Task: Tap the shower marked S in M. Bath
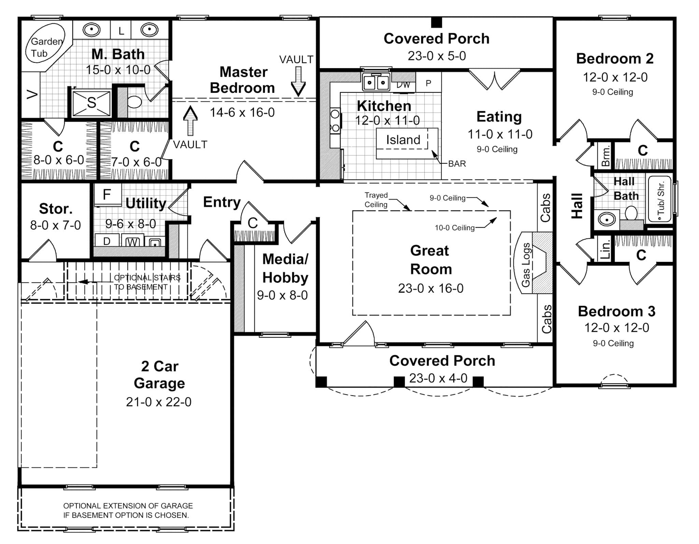91,103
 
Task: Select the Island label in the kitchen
403,140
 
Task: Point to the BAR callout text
457,164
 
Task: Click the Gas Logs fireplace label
526,265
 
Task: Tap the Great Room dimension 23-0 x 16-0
431,289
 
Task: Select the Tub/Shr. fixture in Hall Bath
660,199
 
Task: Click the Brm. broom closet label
606,156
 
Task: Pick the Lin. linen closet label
605,249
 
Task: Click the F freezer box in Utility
107,195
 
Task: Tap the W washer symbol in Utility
132,242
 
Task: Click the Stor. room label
56,209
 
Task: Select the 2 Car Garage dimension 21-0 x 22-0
159,402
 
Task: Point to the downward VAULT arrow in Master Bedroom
298,82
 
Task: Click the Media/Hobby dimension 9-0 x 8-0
282,295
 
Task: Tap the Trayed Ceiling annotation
376,200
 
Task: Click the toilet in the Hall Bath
631,214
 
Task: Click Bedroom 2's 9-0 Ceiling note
613,92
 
